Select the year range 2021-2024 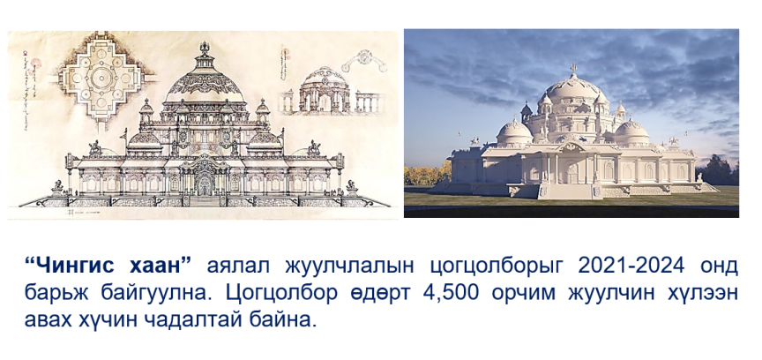tap(631, 266)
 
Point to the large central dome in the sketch tap(205, 82)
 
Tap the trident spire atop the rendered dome tap(573, 69)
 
